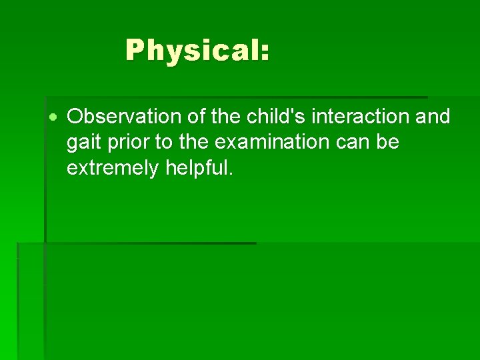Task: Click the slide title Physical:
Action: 197,50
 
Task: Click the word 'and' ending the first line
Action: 433,117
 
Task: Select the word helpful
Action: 197,168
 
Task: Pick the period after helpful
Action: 231,175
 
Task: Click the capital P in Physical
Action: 136,50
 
